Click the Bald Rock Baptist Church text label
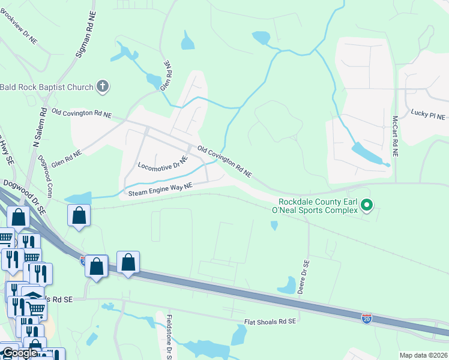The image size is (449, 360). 47,87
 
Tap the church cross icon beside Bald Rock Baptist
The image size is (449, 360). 103,87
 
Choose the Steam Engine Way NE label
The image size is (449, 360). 160,190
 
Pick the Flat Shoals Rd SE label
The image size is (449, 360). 270,322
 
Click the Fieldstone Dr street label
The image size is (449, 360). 170,335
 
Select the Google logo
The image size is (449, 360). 19,353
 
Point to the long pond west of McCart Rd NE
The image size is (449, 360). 367,154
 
